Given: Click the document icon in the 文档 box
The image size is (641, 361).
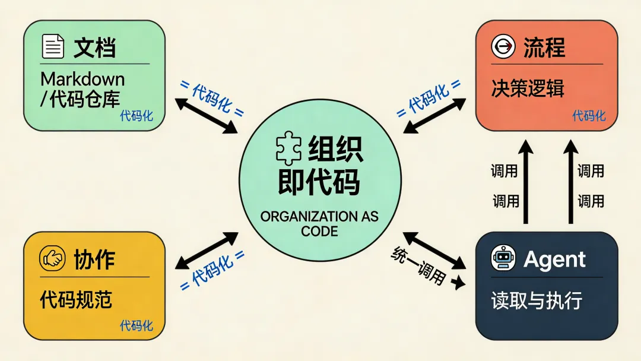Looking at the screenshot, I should pyautogui.click(x=53, y=46).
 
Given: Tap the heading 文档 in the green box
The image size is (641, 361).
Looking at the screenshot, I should pyautogui.click(x=94, y=47).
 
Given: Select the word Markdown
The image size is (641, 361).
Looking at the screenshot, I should pyautogui.click(x=82, y=79).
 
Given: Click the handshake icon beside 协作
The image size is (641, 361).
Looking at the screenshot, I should pyautogui.click(x=52, y=259).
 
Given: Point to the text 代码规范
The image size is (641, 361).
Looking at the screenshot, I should pyautogui.click(x=77, y=300).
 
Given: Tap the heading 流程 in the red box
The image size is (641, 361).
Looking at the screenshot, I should pyautogui.click(x=544, y=47).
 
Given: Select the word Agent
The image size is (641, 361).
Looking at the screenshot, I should pyautogui.click(x=554, y=259).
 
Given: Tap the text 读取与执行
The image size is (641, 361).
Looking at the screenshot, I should pyautogui.click(x=537, y=300).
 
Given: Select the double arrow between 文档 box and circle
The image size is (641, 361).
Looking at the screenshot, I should pyautogui.click(x=206, y=116).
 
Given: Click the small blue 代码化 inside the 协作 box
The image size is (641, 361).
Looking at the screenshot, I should pyautogui.click(x=137, y=326).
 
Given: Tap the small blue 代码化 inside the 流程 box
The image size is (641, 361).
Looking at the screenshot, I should pyautogui.click(x=589, y=116).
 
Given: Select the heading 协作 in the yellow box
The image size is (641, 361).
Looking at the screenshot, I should pyautogui.click(x=94, y=259).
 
